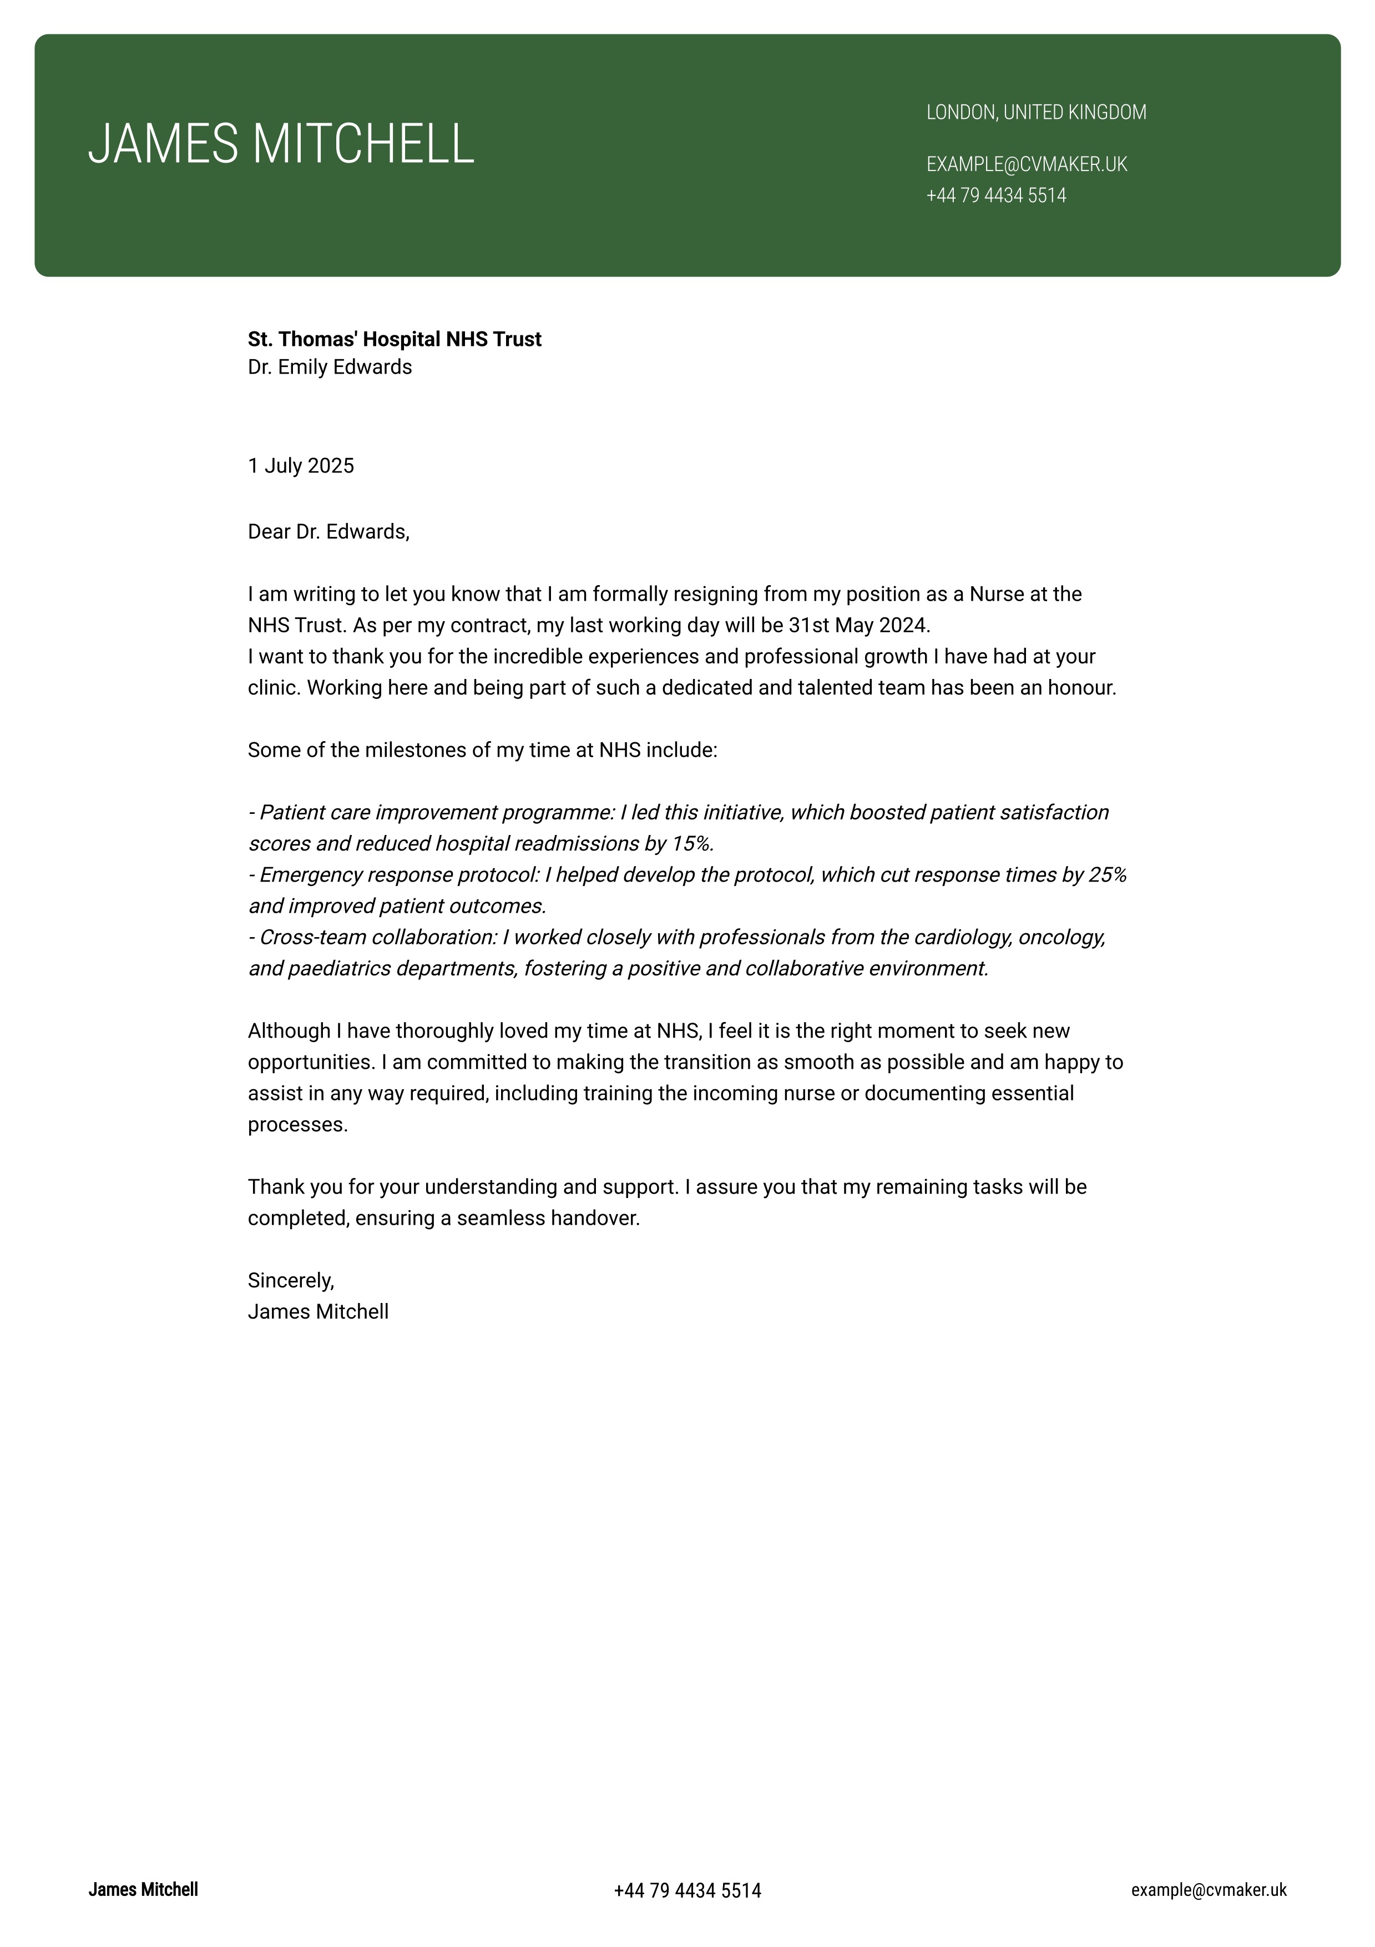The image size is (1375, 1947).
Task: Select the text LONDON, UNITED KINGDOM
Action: tap(1036, 112)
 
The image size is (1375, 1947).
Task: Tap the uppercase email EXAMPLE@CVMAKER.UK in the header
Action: tap(1027, 164)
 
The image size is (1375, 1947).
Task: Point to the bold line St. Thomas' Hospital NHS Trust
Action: tap(394, 339)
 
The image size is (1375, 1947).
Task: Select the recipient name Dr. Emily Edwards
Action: tap(330, 367)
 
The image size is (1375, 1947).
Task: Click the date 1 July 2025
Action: tap(301, 466)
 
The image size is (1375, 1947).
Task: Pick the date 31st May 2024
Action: tap(859, 625)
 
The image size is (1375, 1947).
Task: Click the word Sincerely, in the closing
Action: tap(291, 1280)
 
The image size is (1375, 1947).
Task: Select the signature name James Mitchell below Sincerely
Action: tap(318, 1312)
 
